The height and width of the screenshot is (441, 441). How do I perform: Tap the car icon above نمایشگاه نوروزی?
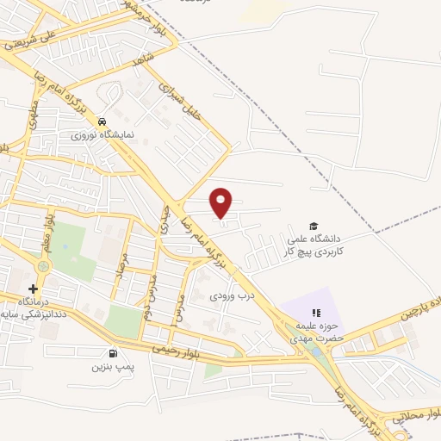(x=102, y=121)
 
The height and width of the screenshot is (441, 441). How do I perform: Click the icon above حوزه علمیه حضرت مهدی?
(x=315, y=312)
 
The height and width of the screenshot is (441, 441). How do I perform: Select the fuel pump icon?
(x=112, y=352)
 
